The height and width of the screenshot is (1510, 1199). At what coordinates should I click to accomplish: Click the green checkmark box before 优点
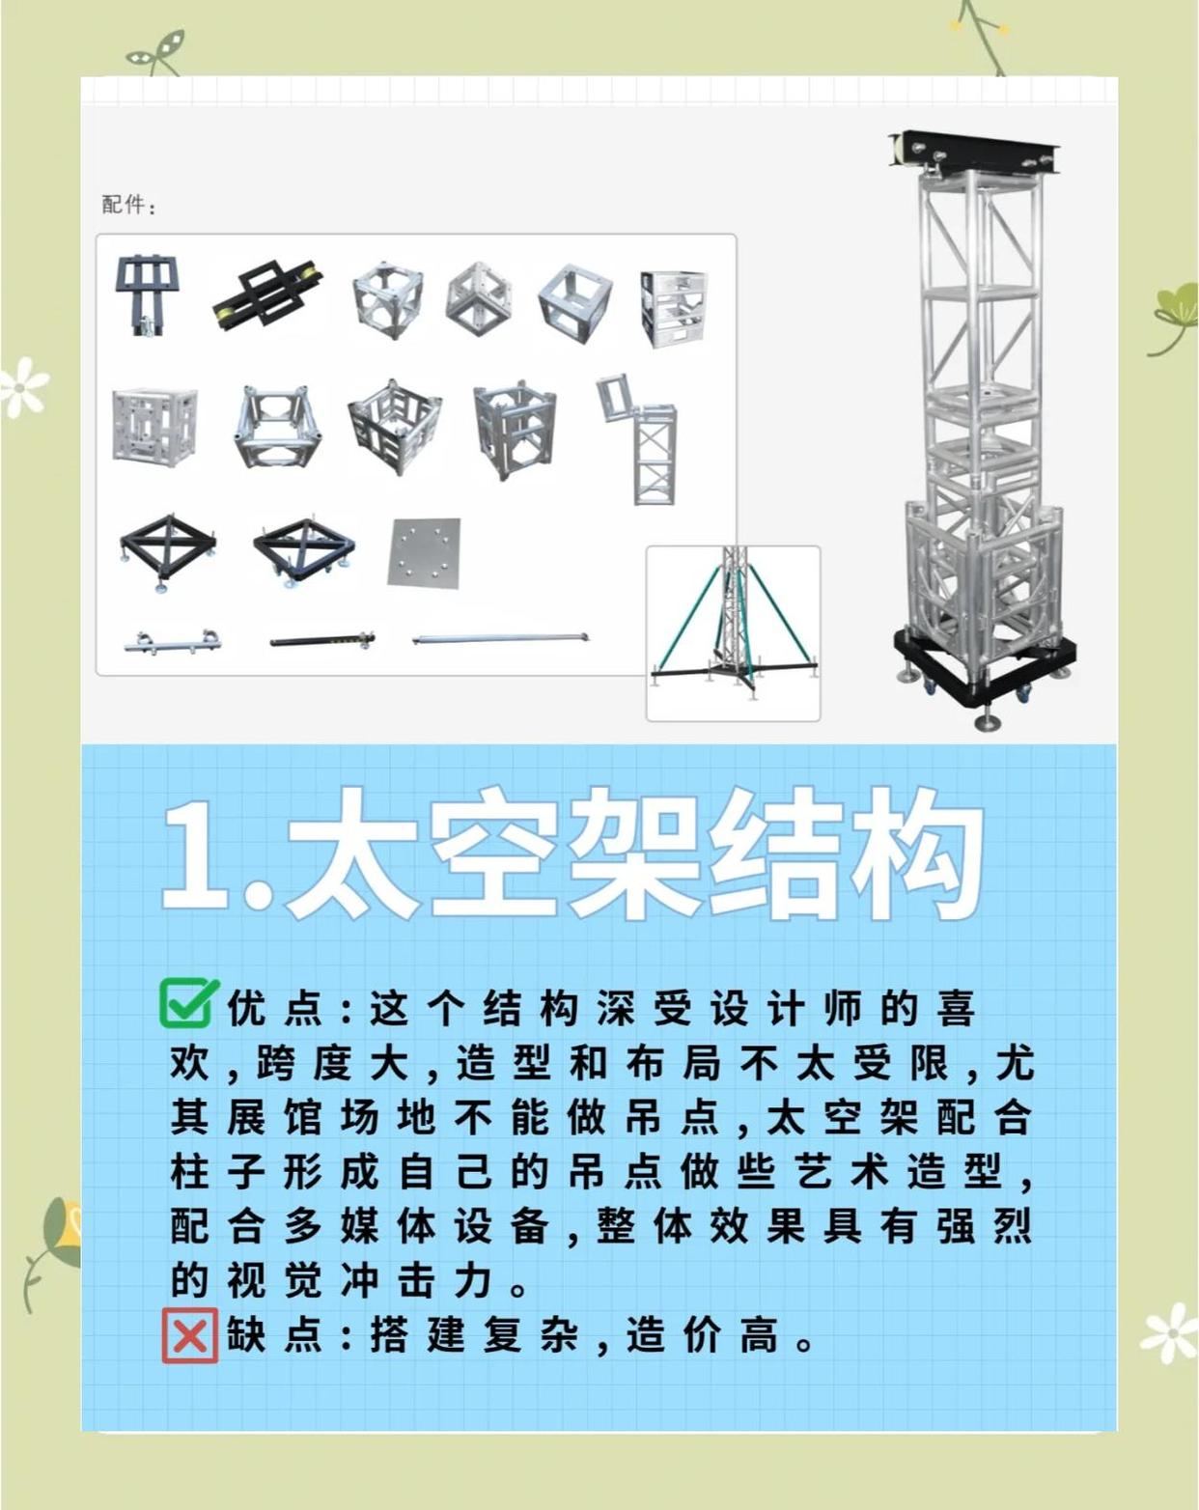pyautogui.click(x=187, y=1004)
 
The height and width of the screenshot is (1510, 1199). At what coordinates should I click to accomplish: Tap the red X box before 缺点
pyautogui.click(x=189, y=1336)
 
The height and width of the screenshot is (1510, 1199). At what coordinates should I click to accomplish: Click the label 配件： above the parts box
pyautogui.click(x=128, y=205)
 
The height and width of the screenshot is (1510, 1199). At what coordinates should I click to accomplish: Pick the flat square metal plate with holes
pyautogui.click(x=425, y=552)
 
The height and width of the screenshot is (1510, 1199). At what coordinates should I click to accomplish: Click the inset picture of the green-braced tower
pyautogui.click(x=733, y=632)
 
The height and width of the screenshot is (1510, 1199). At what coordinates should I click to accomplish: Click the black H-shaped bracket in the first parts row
pyautogui.click(x=146, y=293)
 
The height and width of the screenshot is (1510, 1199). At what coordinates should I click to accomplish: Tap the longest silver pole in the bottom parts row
pyautogui.click(x=499, y=638)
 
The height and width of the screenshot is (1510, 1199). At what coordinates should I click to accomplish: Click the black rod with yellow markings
pyautogui.click(x=321, y=639)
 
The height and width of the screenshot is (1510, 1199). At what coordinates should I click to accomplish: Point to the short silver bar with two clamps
pyautogui.click(x=173, y=641)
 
